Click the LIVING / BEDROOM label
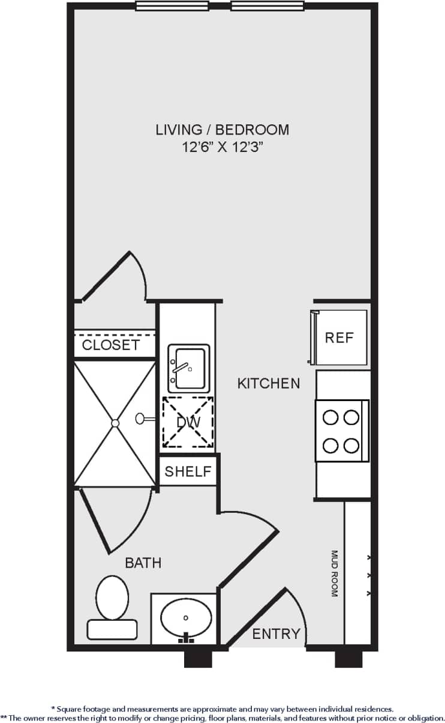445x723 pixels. [x=222, y=129]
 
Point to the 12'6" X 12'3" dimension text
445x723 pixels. [x=222, y=147]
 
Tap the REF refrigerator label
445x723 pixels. [x=339, y=337]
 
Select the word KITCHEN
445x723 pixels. [x=269, y=383]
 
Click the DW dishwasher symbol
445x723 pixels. [x=188, y=423]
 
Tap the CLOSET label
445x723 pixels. [x=111, y=345]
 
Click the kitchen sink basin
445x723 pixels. [x=190, y=368]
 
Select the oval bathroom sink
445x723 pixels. [x=186, y=618]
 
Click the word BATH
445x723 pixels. [x=143, y=563]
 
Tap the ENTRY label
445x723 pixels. [x=276, y=634]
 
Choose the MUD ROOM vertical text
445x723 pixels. [x=335, y=573]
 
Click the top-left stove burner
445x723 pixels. [x=330, y=417]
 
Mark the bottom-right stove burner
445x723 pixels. [x=352, y=446]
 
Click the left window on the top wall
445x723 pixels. [x=172, y=6]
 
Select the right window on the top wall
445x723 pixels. [x=267, y=6]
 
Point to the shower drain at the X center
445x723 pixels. [x=115, y=423]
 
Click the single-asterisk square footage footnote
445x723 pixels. [x=222, y=709]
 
